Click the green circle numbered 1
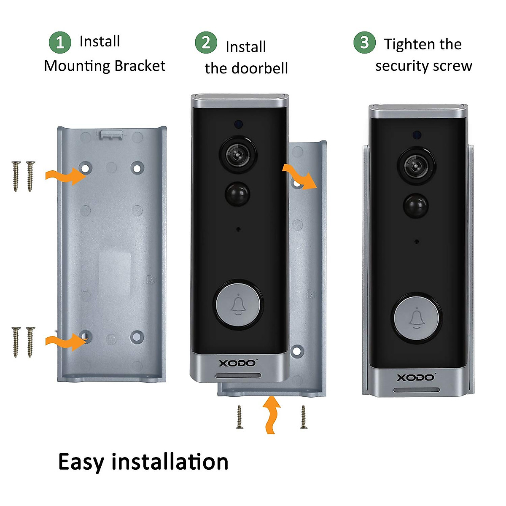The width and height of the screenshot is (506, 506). [x=60, y=43]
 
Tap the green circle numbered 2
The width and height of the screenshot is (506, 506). [x=206, y=43]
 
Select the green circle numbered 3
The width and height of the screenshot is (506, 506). [x=364, y=43]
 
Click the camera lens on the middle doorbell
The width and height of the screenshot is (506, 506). [x=238, y=154]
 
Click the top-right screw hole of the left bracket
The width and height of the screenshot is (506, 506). [x=137, y=168]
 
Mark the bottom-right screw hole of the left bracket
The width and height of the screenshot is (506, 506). [x=137, y=336]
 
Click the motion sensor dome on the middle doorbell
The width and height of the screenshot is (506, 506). [x=237, y=194]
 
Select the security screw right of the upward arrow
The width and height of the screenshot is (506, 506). [x=304, y=417]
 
